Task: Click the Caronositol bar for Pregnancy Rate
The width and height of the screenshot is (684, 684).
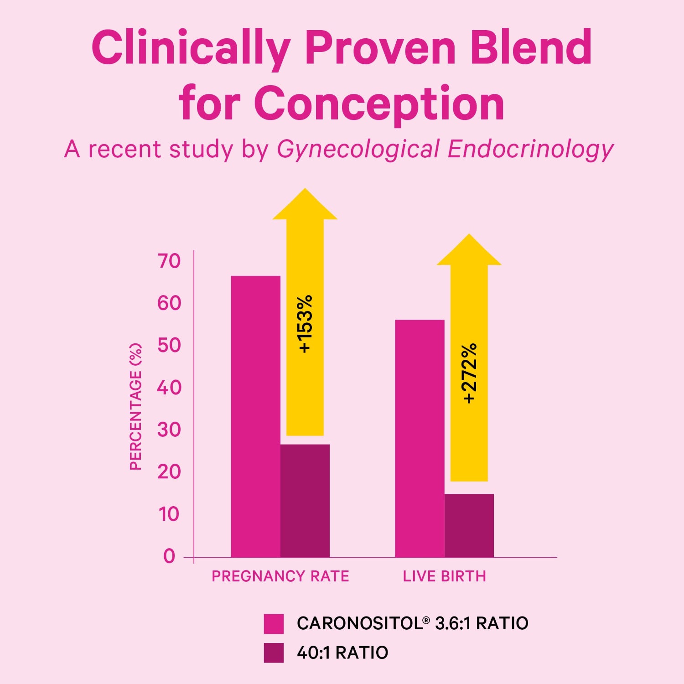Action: pyautogui.click(x=255, y=416)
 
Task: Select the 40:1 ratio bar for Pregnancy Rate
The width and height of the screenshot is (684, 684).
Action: pyautogui.click(x=305, y=500)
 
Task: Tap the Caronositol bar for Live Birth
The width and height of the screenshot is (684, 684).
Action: pyautogui.click(x=420, y=438)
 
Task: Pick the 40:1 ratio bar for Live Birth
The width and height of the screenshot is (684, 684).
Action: pyautogui.click(x=469, y=525)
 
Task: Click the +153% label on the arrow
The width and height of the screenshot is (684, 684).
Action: pyautogui.click(x=305, y=324)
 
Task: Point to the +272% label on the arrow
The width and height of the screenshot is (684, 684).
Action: pyautogui.click(x=469, y=373)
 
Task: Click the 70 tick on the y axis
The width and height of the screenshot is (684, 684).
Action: pyautogui.click(x=169, y=261)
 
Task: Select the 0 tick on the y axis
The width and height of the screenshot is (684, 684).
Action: pyautogui.click(x=169, y=556)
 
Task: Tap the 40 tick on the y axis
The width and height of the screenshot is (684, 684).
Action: pyautogui.click(x=169, y=388)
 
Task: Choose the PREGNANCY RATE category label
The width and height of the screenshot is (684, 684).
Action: pyautogui.click(x=280, y=576)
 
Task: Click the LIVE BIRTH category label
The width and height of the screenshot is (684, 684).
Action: pyautogui.click(x=444, y=576)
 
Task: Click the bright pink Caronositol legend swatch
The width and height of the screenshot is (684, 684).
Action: pyautogui.click(x=274, y=623)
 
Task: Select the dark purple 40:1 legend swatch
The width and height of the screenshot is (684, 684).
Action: pyautogui.click(x=274, y=653)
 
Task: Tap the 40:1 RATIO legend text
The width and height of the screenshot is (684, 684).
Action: pyautogui.click(x=342, y=653)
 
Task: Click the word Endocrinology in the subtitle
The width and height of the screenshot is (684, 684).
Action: pyautogui.click(x=530, y=150)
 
